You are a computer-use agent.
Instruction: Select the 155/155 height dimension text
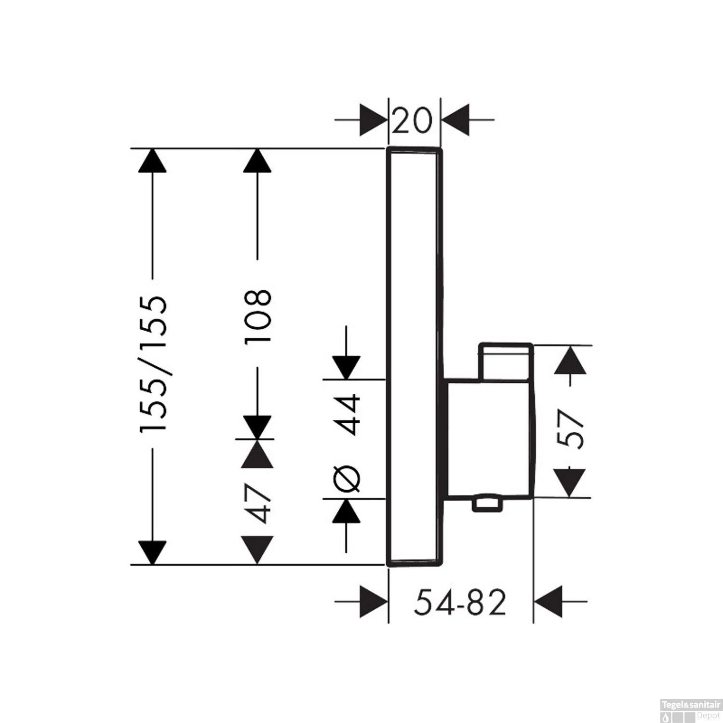click(x=154, y=364)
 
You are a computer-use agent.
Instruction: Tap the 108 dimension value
click(x=257, y=316)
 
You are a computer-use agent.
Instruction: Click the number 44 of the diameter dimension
click(x=348, y=415)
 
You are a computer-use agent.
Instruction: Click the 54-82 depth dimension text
click(x=460, y=602)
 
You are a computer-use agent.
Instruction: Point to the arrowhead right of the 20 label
click(x=456, y=119)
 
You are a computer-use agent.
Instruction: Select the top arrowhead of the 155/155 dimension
click(x=152, y=161)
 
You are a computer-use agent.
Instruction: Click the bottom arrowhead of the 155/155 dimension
click(x=152, y=552)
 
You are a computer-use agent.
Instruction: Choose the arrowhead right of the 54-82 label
click(x=549, y=602)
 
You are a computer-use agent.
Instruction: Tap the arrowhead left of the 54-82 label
click(x=374, y=602)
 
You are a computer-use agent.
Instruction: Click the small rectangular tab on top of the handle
click(x=506, y=361)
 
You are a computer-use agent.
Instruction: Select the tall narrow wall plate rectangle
click(x=414, y=357)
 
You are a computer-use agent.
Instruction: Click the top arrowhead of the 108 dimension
click(x=257, y=161)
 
